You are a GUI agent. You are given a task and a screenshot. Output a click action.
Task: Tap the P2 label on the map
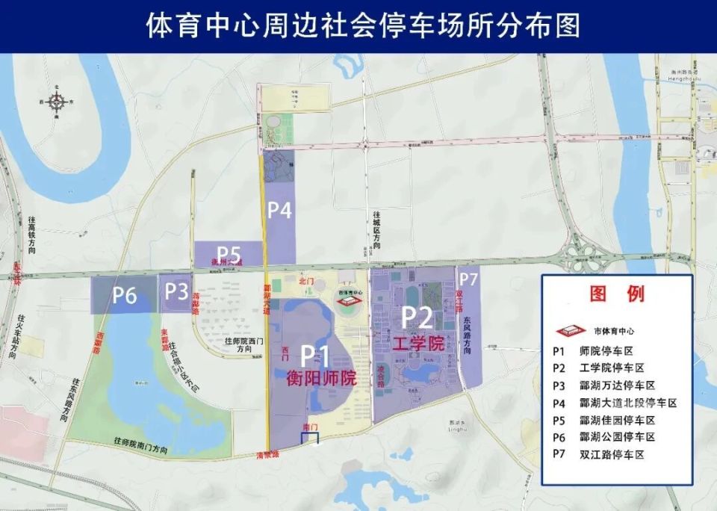(x=418, y=317)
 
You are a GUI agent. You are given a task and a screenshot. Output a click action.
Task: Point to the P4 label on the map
(x=279, y=211)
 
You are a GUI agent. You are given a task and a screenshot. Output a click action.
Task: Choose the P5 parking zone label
(x=229, y=252)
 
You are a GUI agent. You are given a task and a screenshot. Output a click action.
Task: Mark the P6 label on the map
(x=125, y=295)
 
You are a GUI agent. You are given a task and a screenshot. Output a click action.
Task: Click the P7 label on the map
(x=468, y=279)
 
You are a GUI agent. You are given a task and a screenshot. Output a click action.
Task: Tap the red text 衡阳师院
(x=321, y=379)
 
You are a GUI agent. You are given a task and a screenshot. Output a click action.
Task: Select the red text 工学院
(x=418, y=344)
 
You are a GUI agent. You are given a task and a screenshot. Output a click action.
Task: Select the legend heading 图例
(x=617, y=294)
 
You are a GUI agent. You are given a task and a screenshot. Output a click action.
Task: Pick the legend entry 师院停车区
(x=606, y=350)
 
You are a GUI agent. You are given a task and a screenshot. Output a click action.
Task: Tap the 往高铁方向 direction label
(x=32, y=237)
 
